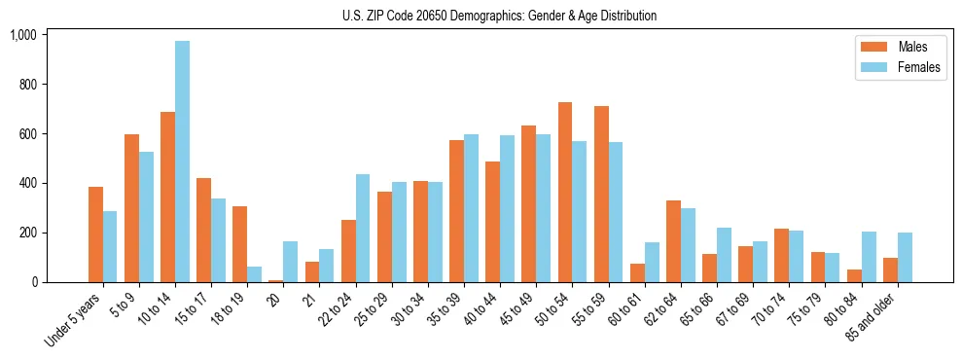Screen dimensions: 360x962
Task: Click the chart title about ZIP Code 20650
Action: coord(499,16)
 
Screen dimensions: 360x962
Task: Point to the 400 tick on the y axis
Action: coord(28,183)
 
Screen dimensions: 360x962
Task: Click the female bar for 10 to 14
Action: coord(182,162)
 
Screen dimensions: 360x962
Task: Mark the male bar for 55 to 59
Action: coord(601,195)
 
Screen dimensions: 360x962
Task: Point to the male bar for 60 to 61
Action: coord(637,273)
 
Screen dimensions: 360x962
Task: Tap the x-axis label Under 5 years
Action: coord(74,320)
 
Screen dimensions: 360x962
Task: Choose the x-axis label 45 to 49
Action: coord(516,310)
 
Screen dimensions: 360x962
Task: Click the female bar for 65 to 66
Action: coord(724,255)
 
